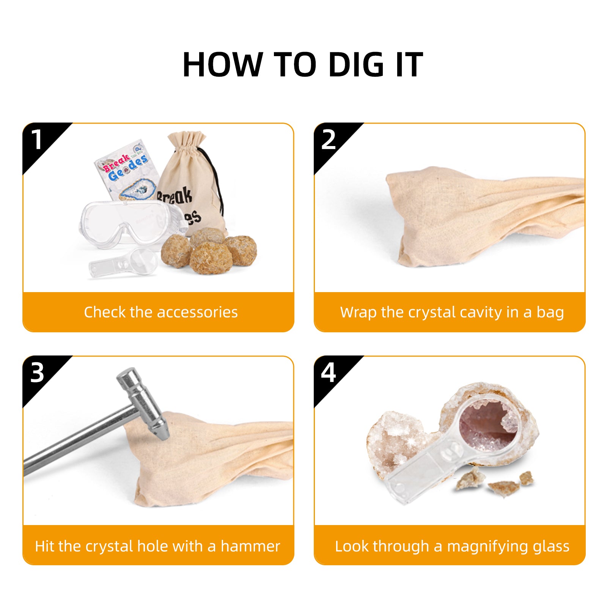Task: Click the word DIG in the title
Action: point(356,64)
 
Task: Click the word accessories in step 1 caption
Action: point(197,312)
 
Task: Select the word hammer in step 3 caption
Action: point(251,546)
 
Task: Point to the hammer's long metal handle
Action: point(76,441)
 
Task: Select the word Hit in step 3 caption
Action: point(44,546)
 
